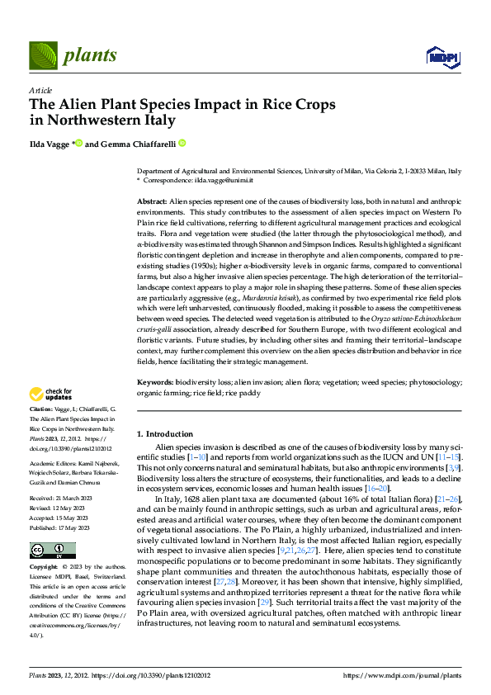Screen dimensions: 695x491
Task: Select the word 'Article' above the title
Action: point(40,89)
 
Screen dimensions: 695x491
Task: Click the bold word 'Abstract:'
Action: point(151,201)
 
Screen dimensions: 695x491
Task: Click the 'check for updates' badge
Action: point(52,395)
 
